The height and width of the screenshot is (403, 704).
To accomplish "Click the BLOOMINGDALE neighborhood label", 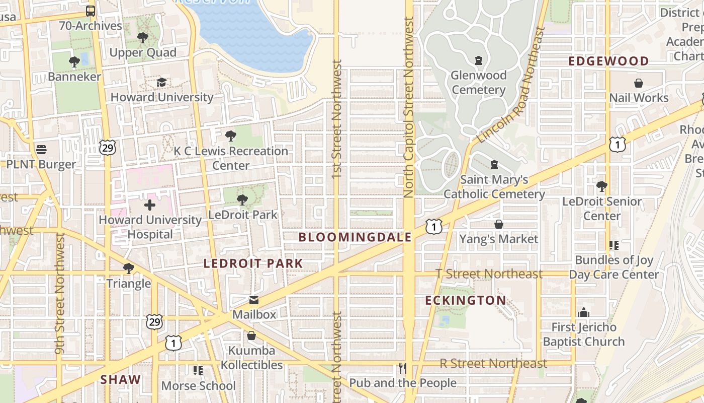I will [x=355, y=237].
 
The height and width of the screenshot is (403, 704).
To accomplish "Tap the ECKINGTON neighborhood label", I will [x=466, y=301].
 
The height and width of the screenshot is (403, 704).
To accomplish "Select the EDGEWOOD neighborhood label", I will [x=608, y=61].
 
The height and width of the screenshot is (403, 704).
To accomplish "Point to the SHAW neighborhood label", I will [x=121, y=380].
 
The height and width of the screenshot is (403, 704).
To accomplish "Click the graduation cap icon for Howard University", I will [x=161, y=82].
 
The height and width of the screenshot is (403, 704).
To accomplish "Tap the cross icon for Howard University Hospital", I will [x=150, y=205].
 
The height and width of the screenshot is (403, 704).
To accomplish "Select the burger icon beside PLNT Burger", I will [x=41, y=150].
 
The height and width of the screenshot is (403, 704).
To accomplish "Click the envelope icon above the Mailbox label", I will [x=254, y=300].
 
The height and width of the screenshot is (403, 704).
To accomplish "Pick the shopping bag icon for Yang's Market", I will [x=499, y=224].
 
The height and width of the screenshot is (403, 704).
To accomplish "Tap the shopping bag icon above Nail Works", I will [x=639, y=83].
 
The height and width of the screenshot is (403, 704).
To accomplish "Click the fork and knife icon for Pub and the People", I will [x=402, y=368].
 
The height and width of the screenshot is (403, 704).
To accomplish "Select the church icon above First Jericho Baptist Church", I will [x=583, y=312].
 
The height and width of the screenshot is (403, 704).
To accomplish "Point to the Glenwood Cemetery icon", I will [x=478, y=60].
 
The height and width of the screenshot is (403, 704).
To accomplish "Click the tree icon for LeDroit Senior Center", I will [x=601, y=186].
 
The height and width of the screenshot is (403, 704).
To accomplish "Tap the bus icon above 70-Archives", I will [x=91, y=11].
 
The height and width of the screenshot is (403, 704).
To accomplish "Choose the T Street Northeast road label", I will [x=489, y=274].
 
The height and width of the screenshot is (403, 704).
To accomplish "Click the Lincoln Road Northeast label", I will [x=511, y=86].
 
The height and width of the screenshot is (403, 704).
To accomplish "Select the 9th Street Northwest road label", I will [x=60, y=293].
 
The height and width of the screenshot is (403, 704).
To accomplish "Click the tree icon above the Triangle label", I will [x=129, y=268].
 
